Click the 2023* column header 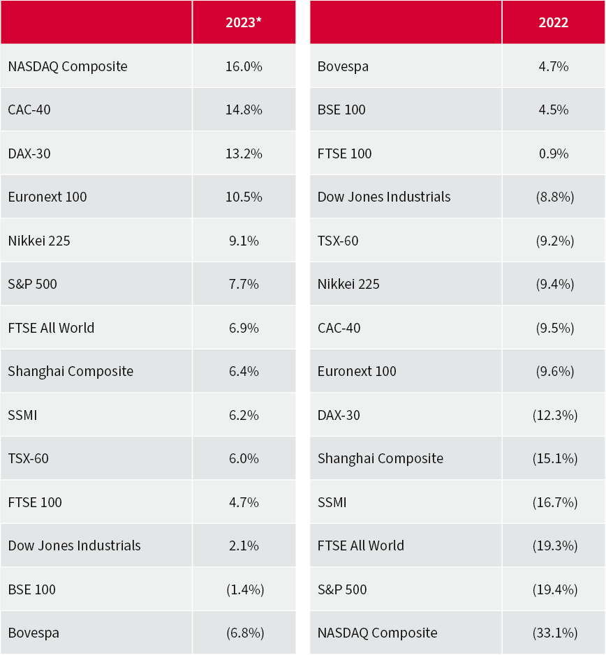pos(244,22)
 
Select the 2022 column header pos(554,22)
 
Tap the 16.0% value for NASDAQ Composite pos(244,66)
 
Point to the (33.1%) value pos(554,633)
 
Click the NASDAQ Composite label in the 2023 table pos(68,66)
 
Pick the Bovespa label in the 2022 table pos(343,66)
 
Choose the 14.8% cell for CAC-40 pos(244,110)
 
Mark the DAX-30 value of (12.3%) pos(554,415)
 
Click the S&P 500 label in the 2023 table pos(32,284)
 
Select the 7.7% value pos(244,284)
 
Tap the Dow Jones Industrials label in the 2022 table pos(384,197)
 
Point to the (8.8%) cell pos(554,197)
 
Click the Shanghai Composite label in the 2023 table pos(71,371)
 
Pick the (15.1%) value pos(554,458)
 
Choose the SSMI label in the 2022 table pos(332,502)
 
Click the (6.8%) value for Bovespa pos(244,633)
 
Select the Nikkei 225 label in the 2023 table pos(39,241)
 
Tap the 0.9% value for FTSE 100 pos(554,153)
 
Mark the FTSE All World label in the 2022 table pos(361,545)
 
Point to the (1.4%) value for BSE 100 pos(244,589)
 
